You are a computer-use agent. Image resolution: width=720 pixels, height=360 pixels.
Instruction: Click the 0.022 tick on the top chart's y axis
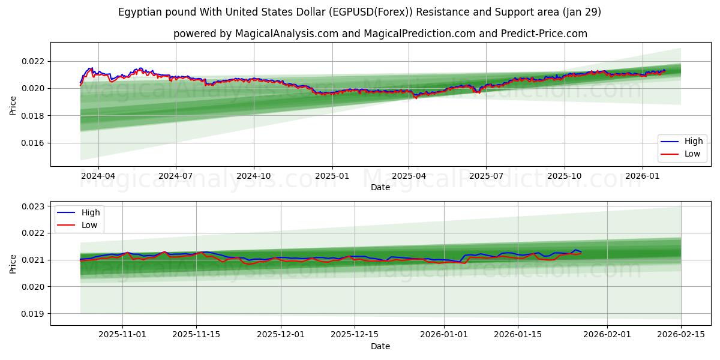(x=32, y=61)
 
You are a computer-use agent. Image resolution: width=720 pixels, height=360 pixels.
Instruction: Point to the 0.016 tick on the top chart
(x=32, y=143)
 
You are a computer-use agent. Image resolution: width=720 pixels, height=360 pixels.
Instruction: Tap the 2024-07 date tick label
(x=176, y=176)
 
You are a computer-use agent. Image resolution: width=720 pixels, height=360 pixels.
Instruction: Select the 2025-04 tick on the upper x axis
(x=409, y=176)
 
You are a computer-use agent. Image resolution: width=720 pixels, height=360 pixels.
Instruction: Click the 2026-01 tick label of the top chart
(x=643, y=176)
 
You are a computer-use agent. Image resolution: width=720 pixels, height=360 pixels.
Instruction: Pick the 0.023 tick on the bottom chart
(x=32, y=206)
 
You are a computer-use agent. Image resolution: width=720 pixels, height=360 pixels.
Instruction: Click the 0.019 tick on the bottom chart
(x=32, y=314)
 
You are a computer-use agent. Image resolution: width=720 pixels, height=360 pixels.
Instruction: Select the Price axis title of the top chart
(x=13, y=106)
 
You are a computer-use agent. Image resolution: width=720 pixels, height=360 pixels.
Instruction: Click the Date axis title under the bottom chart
(x=380, y=346)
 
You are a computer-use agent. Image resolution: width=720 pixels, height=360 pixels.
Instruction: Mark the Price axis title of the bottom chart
(x=13, y=263)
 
